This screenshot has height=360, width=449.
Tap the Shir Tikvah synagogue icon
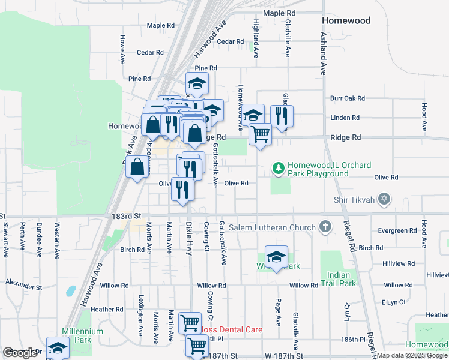click(385, 199)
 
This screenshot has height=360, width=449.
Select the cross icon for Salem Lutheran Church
click(325, 227)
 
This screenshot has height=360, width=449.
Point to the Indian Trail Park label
click(338, 279)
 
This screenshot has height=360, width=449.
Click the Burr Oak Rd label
click(348, 98)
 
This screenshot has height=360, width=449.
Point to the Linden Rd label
click(345, 118)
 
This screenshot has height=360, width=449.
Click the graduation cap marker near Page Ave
click(276, 257)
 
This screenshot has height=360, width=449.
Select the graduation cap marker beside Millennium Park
click(58, 348)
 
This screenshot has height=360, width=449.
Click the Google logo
click(20, 353)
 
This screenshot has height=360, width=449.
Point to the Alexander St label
click(24, 281)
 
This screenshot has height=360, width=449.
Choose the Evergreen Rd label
click(397, 230)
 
